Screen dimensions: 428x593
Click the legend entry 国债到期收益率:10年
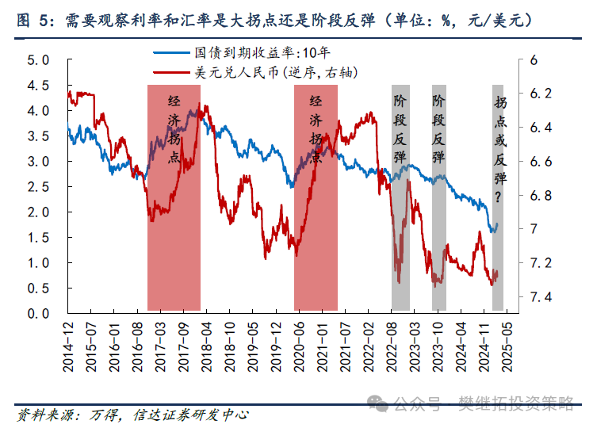pos(262,55)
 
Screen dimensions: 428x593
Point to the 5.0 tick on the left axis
pos(39,60)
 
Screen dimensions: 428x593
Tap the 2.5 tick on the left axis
pos(39,187)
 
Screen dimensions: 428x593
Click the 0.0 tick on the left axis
pos(39,313)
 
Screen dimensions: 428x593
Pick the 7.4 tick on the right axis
pos(541,296)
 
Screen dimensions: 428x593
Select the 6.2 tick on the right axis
pos(541,94)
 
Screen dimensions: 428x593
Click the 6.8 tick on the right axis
pos(541,195)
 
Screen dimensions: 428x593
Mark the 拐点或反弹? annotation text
pos(499,150)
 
